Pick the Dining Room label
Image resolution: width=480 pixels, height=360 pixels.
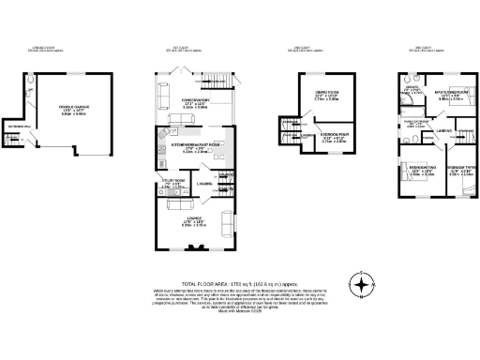(325, 96)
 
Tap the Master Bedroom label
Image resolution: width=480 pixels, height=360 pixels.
(441, 97)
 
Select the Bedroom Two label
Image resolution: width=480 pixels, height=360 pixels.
(420, 172)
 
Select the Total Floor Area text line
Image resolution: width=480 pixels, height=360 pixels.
(239, 282)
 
